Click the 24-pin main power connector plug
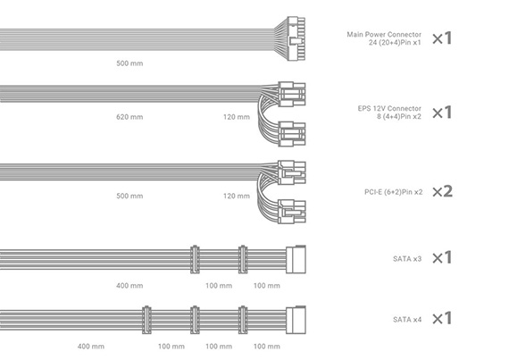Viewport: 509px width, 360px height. point(296,39)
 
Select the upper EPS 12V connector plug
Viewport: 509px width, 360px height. point(292,95)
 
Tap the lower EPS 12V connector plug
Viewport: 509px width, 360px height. point(292,134)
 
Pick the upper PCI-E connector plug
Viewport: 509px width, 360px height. point(292,172)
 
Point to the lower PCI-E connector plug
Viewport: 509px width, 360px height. point(292,212)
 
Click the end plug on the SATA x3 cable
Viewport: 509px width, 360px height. point(296,259)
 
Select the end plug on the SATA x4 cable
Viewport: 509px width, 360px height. point(296,320)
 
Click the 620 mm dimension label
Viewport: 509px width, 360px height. point(129,117)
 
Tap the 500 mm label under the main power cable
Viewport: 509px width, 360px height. point(129,63)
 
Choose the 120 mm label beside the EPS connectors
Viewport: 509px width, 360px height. point(237,117)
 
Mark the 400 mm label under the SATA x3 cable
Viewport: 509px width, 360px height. point(129,286)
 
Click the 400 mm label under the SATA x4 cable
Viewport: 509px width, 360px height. point(91,347)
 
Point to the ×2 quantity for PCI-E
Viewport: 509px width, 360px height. point(442,191)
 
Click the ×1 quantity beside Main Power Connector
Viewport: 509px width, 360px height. point(442,38)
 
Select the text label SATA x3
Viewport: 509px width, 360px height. point(407,259)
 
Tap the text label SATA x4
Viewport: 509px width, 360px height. point(407,320)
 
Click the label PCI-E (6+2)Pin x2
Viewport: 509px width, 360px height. point(394,192)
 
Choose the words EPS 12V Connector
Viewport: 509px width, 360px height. point(389,108)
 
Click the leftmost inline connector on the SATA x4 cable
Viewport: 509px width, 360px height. point(146,320)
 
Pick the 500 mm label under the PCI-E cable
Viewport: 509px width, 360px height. point(129,196)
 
